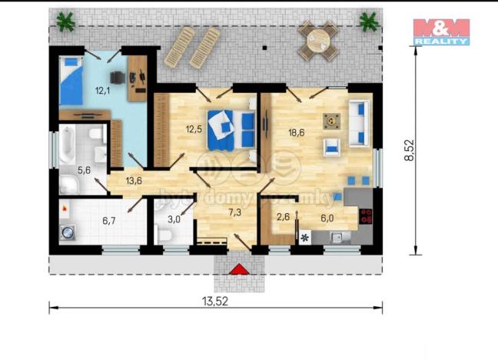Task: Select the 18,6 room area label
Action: click(x=296, y=132)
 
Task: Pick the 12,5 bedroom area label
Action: click(x=193, y=129)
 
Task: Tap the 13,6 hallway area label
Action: click(x=134, y=181)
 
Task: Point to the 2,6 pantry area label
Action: click(x=284, y=218)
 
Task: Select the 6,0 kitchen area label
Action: click(x=327, y=218)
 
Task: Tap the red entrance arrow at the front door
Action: click(x=240, y=268)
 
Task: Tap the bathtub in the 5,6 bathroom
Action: click(x=68, y=146)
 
